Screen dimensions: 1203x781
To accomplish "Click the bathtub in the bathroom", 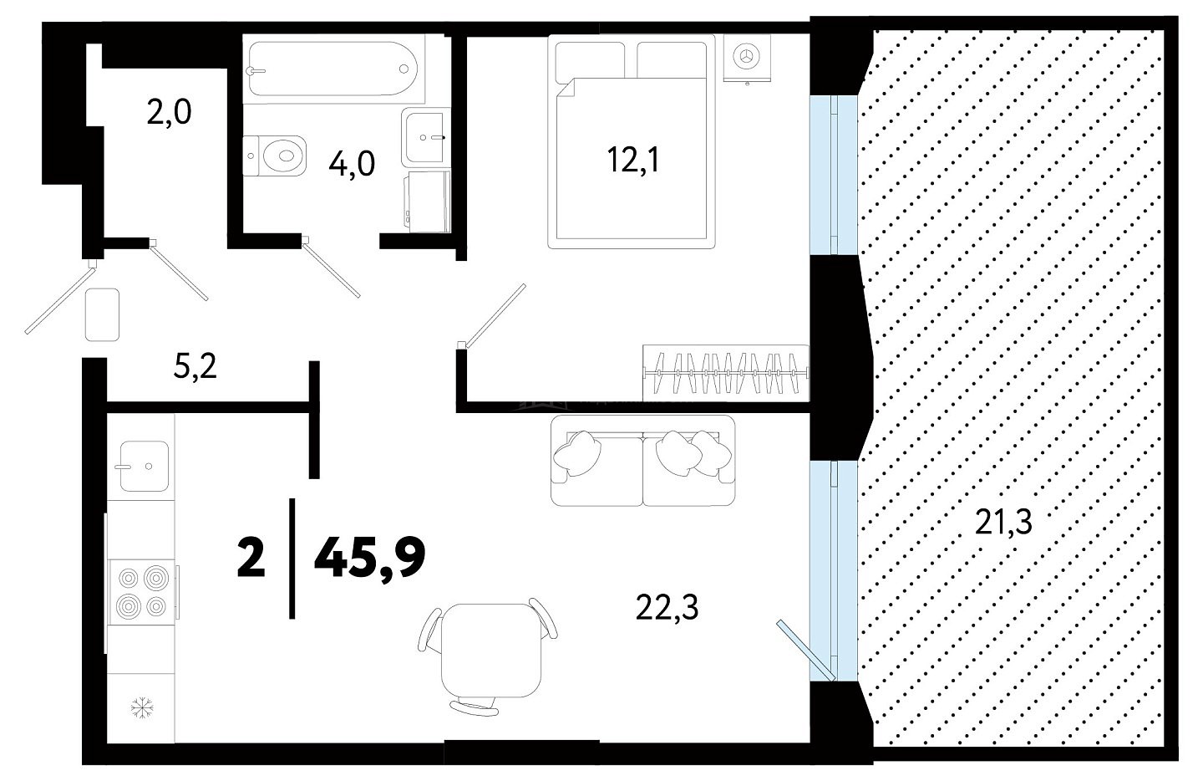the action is coord(333,69).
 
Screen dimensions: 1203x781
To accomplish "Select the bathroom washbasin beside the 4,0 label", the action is coord(424,137).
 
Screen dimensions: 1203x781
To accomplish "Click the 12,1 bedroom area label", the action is coord(632,160).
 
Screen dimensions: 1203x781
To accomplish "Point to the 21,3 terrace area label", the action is coord(1003,522).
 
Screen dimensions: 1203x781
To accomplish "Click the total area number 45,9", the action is coord(369,559).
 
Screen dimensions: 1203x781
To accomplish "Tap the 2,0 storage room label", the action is coord(169,113).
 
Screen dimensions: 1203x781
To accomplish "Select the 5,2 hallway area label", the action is coord(195,367).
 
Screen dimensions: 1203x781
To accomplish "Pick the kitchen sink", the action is coord(144,466).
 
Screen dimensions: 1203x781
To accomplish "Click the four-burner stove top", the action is coord(143,592).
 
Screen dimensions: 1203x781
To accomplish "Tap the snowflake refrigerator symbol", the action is coord(142,708).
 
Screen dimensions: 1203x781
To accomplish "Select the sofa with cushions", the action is coord(643,460).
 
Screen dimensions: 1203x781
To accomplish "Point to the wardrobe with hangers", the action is coord(725,373).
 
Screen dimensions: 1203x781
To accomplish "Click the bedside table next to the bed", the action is coord(747,58).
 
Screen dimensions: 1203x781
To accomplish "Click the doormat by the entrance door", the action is coord(102,314).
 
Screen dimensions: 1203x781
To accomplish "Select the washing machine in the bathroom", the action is coord(427,202).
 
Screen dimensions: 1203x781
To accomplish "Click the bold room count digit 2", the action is coord(251,559).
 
